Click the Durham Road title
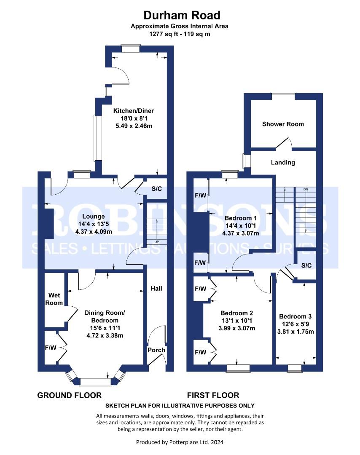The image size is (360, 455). pyautogui.click(x=182, y=16)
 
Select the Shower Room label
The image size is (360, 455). pyautogui.click(x=283, y=124)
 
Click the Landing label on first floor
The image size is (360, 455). pyautogui.click(x=283, y=162)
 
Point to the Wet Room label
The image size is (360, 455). pyautogui.click(x=55, y=299)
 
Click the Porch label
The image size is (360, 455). pyautogui.click(x=156, y=350)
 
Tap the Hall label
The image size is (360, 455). pyautogui.click(x=156, y=289)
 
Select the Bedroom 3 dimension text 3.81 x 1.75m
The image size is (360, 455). pyautogui.click(x=296, y=331)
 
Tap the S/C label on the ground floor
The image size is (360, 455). pyautogui.click(x=156, y=189)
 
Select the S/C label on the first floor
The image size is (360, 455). pyautogui.click(x=306, y=265)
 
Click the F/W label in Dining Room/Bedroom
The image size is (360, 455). pyautogui.click(x=50, y=348)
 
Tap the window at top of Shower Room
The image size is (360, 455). pyautogui.click(x=283, y=96)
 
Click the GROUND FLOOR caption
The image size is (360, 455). pyautogui.click(x=70, y=395)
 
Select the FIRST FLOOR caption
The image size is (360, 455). pyautogui.click(x=213, y=395)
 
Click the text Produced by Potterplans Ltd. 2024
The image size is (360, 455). pyautogui.click(x=180, y=442)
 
